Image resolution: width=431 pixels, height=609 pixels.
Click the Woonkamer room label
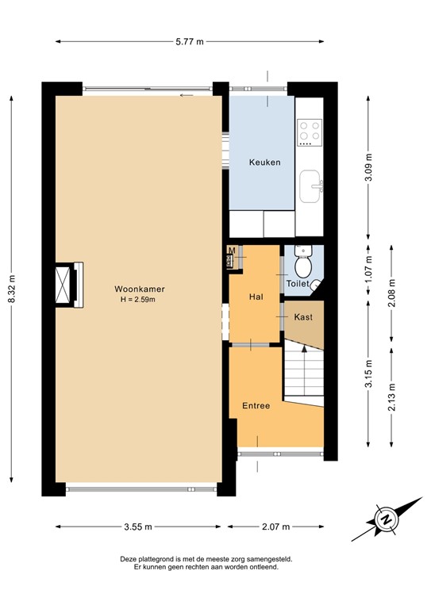pyautogui.click(x=133, y=289)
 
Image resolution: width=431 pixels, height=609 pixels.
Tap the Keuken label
pyautogui.click(x=264, y=162)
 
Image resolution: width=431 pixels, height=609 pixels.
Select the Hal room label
pyautogui.click(x=256, y=297)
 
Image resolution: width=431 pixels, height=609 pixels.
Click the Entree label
pyautogui.click(x=256, y=405)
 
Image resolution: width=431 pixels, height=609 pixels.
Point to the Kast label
pyautogui.click(x=302, y=316)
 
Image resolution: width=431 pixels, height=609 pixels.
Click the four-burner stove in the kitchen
pyautogui.click(x=309, y=133)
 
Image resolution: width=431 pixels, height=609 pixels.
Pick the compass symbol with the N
pyautogui.click(x=387, y=519)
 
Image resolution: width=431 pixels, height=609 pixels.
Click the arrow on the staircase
pyautogui.click(x=303, y=350)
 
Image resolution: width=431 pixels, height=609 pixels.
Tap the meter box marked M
pyautogui.click(x=232, y=252)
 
